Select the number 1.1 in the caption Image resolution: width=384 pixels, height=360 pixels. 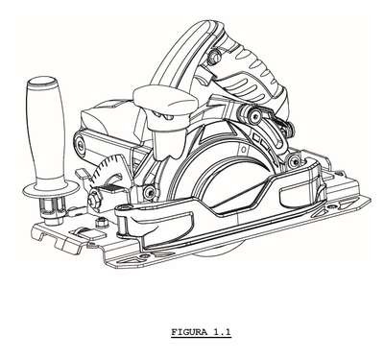pyautogui.click(x=222, y=332)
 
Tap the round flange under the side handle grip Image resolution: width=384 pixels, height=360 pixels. pyautogui.click(x=51, y=191)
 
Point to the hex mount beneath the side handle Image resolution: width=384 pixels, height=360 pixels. pyautogui.click(x=52, y=209)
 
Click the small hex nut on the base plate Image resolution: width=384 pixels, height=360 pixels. pyautogui.click(x=102, y=221)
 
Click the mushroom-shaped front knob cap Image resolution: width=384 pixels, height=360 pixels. pyautogui.click(x=164, y=101)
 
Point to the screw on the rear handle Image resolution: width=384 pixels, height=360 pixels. pyautogui.click(x=214, y=56)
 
